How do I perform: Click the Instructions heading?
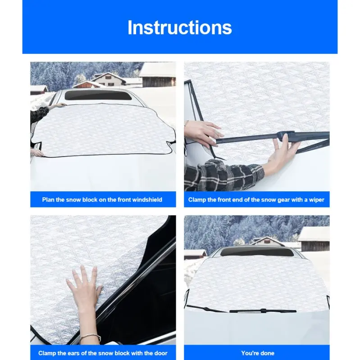click(x=180, y=27)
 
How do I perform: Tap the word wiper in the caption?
click(x=317, y=200)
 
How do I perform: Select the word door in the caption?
click(x=161, y=353)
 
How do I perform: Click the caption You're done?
click(x=258, y=353)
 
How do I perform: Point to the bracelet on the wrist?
click(x=91, y=337)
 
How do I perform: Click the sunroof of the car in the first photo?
click(x=98, y=95)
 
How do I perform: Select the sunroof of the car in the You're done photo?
click(x=257, y=252)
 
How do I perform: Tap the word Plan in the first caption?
click(x=48, y=199)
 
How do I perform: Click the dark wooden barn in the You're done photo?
click(x=314, y=239)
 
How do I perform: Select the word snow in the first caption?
click(x=73, y=199)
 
